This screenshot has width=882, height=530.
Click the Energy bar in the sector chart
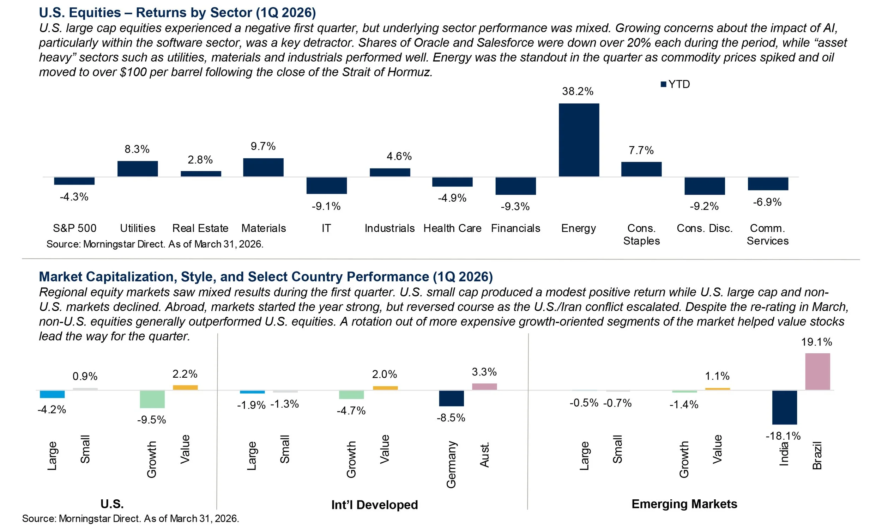(x=578, y=140)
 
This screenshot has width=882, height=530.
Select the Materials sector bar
(x=263, y=167)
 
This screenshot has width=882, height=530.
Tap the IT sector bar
(x=326, y=185)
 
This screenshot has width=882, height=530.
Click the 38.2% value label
(x=578, y=91)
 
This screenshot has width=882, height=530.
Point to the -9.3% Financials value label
(x=515, y=206)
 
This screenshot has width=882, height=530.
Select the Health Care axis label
(x=452, y=228)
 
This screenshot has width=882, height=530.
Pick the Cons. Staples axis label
(x=641, y=234)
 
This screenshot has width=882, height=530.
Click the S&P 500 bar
(x=74, y=181)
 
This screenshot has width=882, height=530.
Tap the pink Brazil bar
(x=817, y=371)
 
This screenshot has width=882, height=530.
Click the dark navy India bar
(x=785, y=407)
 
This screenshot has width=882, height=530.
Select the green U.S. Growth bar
(x=152, y=399)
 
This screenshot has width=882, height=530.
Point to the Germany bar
(x=451, y=398)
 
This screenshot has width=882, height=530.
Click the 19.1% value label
(x=816, y=342)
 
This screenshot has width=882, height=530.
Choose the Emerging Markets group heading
(x=684, y=504)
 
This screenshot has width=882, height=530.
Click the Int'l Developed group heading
(x=374, y=505)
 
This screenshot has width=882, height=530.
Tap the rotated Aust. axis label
(x=484, y=455)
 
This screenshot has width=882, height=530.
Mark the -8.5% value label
(x=451, y=418)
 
